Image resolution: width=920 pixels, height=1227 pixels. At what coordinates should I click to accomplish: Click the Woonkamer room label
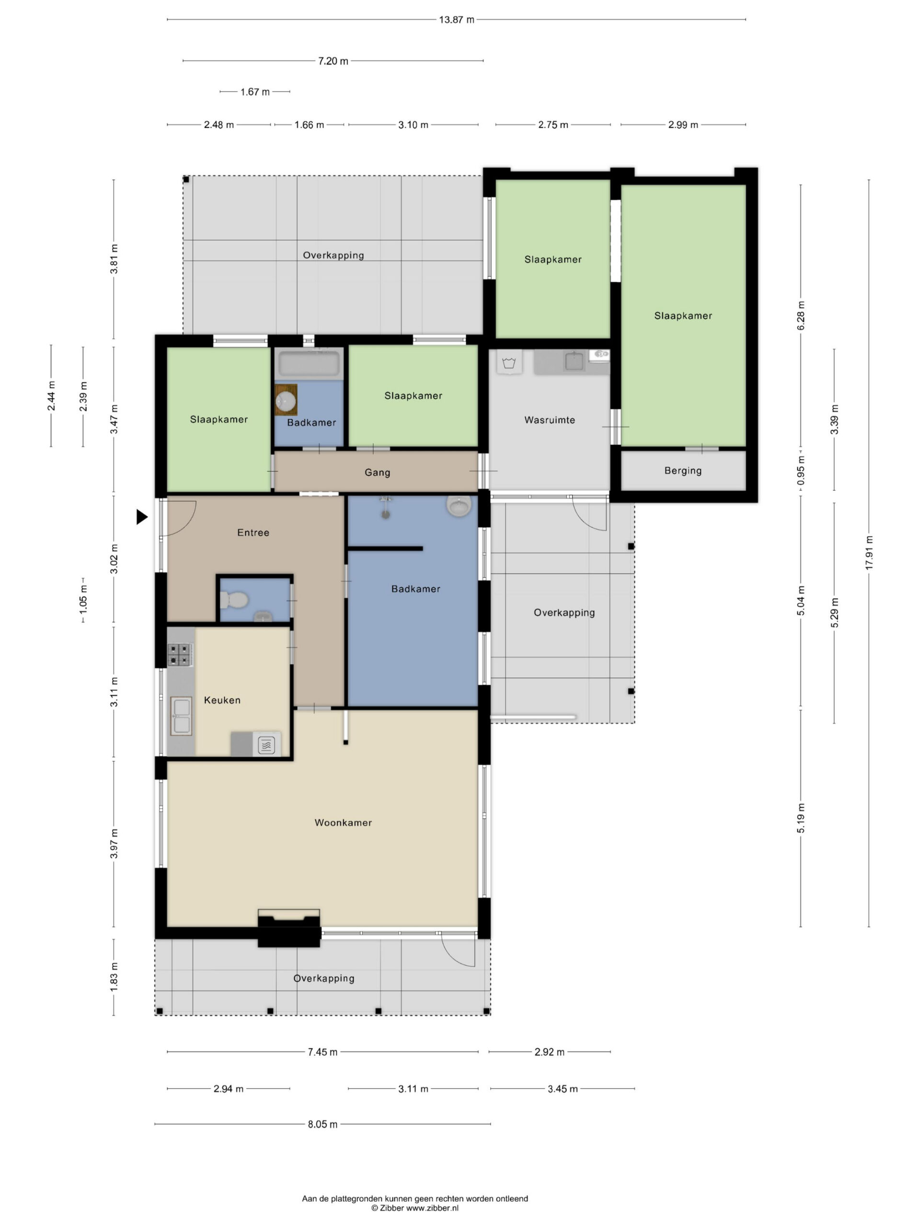click(343, 822)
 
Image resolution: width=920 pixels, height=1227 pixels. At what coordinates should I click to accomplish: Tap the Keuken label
click(222, 700)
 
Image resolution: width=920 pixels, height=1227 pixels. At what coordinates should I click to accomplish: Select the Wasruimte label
click(550, 420)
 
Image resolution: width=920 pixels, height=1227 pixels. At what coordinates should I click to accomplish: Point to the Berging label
click(683, 470)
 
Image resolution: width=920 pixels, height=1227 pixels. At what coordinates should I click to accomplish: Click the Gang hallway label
click(377, 473)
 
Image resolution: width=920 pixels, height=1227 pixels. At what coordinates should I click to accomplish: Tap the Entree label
click(253, 532)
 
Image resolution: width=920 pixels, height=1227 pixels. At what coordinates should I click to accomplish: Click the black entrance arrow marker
click(142, 517)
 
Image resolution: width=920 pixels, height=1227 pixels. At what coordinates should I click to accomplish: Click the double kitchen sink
click(181, 716)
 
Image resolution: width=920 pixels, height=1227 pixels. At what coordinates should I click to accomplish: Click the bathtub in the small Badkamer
click(309, 364)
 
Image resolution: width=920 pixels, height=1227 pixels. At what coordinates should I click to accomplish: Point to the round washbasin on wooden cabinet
click(286, 400)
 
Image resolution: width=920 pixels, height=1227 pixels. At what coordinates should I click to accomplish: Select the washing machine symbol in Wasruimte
click(508, 363)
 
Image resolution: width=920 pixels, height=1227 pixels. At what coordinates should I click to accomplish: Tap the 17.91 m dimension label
click(869, 552)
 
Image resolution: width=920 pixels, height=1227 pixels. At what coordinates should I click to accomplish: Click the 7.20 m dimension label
click(333, 61)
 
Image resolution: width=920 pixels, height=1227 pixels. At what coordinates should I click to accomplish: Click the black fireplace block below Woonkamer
click(289, 932)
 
